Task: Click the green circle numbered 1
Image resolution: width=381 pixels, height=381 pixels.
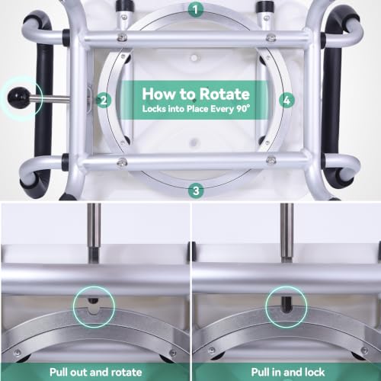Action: click(x=196, y=10)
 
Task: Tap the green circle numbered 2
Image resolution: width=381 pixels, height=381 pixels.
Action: click(x=104, y=101)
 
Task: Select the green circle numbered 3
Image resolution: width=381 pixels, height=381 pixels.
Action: click(x=196, y=190)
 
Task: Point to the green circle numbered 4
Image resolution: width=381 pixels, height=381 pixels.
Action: click(x=287, y=100)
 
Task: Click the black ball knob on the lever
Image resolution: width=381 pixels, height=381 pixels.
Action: click(x=18, y=98)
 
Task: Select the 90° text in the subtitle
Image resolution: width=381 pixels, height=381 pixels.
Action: click(x=243, y=109)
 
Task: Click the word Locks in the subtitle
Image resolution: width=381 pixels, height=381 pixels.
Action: click(x=154, y=109)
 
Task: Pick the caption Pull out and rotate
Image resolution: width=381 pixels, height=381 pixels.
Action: click(x=96, y=373)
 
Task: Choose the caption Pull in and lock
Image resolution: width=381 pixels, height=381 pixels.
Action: click(x=288, y=373)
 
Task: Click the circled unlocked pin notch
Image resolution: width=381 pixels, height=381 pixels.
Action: click(x=94, y=306)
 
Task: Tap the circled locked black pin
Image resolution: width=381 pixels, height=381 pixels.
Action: click(x=287, y=303)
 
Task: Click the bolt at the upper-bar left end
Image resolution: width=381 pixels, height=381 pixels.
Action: click(x=122, y=38)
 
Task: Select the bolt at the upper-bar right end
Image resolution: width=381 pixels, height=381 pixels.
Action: click(x=271, y=38)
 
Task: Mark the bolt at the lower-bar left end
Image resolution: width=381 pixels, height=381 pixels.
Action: click(x=122, y=162)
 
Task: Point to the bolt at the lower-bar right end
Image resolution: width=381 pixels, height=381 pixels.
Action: click(x=271, y=160)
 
